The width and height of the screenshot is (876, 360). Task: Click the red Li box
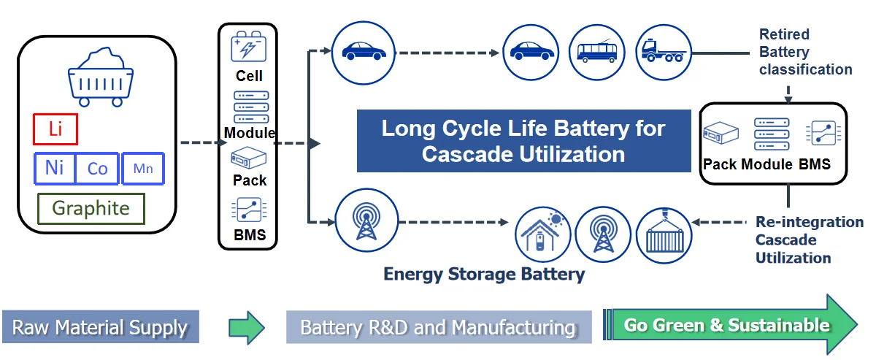click(55, 129)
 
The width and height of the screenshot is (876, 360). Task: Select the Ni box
click(55, 168)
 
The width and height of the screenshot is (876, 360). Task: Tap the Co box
click(97, 169)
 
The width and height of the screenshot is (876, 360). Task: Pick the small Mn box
click(143, 169)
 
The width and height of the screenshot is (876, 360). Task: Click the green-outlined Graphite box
click(91, 208)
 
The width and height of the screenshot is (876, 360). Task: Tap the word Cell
click(249, 76)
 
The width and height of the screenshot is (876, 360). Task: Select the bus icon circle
click(596, 52)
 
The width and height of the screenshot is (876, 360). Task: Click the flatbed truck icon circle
click(663, 52)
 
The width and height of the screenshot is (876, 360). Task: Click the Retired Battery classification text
click(804, 53)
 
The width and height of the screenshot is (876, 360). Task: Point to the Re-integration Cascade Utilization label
click(809, 240)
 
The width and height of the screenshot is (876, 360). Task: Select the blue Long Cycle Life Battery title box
click(523, 141)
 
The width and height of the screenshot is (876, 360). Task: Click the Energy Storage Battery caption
click(484, 275)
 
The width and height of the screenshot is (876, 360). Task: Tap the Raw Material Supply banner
click(100, 327)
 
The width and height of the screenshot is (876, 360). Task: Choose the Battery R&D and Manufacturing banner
click(438, 327)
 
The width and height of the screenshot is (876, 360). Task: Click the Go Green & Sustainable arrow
click(730, 325)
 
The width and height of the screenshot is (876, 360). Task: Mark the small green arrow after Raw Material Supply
click(246, 327)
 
